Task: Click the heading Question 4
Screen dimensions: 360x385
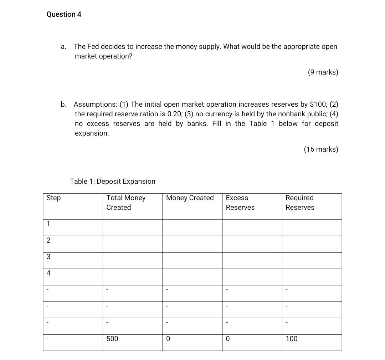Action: click(x=64, y=14)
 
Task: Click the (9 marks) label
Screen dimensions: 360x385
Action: click(x=323, y=72)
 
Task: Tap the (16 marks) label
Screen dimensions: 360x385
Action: click(x=321, y=149)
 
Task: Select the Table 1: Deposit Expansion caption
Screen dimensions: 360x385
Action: click(x=112, y=181)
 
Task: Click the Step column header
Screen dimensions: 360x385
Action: click(x=53, y=198)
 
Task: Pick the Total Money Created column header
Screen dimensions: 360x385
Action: click(x=126, y=203)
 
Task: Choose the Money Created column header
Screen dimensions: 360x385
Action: click(x=190, y=198)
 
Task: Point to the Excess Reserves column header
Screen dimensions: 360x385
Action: click(x=240, y=203)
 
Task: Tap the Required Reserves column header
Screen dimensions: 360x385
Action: click(x=300, y=203)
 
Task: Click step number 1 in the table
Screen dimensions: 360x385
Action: click(x=48, y=224)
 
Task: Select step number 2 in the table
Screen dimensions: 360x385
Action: click(x=48, y=240)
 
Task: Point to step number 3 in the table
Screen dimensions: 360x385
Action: click(x=48, y=257)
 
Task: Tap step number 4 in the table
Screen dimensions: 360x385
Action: click(x=48, y=273)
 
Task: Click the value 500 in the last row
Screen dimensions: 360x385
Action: click(x=112, y=339)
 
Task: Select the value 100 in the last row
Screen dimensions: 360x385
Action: click(x=291, y=339)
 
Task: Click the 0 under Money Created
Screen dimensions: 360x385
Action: click(x=168, y=339)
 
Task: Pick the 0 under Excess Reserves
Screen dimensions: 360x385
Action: click(x=228, y=339)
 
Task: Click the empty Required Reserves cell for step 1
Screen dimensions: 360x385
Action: click(x=312, y=228)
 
